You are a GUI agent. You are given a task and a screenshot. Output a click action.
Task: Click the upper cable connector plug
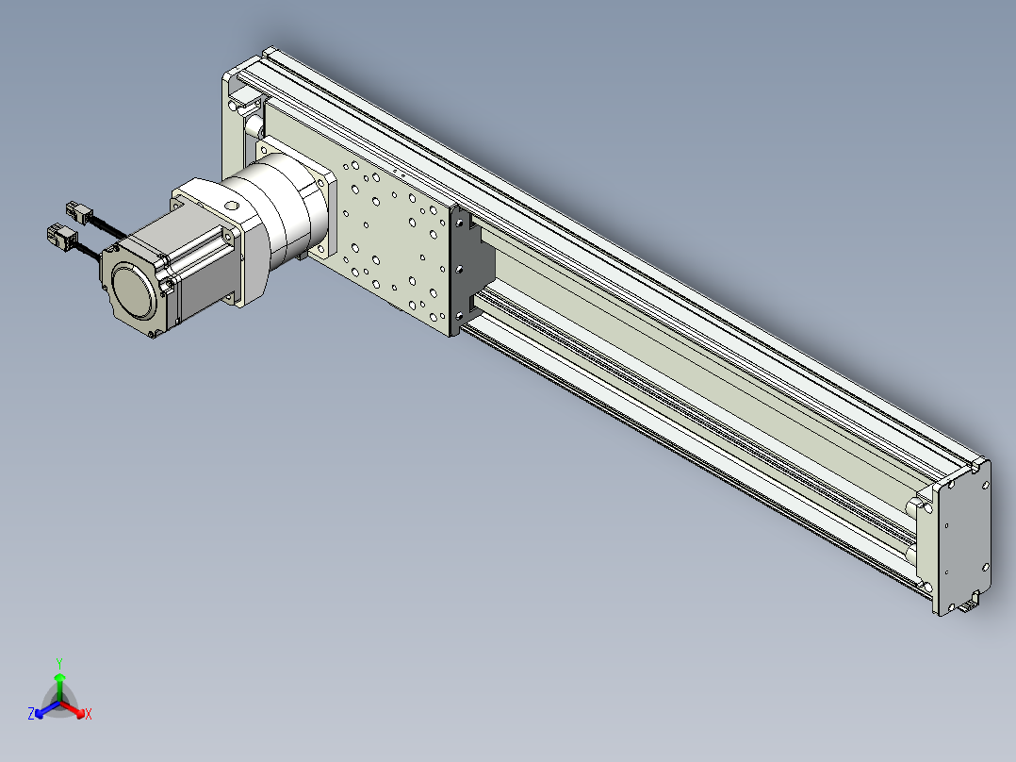point(79,212)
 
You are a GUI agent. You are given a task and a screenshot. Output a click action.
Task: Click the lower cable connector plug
point(63,237)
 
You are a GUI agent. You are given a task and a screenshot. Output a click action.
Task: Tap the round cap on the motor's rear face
point(134,290)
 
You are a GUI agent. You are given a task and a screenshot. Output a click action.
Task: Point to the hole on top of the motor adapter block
point(231,207)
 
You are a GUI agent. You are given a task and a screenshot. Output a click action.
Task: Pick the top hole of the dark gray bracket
point(459,223)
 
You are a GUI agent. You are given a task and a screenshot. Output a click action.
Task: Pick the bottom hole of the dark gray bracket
point(459,316)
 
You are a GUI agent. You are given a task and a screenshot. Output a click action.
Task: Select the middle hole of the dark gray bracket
point(459,269)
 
